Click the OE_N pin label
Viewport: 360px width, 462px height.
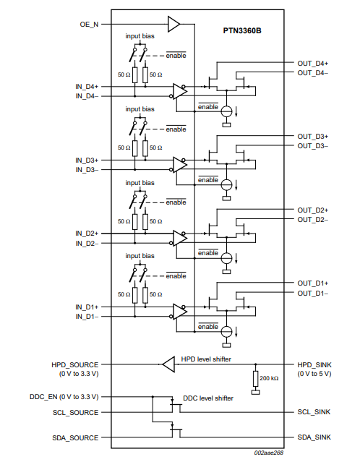point(89,24)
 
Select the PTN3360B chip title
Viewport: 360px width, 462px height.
point(242,30)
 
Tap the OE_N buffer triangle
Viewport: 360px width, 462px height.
point(173,24)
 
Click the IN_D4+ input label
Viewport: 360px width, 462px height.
point(87,87)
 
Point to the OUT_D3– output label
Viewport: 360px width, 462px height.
point(312,146)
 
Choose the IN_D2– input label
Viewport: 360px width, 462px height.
point(87,244)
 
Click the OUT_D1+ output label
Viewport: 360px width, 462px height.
point(312,283)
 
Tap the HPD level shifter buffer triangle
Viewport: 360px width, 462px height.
point(168,364)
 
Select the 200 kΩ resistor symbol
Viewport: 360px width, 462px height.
point(255,379)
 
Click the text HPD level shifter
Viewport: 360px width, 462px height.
point(206,359)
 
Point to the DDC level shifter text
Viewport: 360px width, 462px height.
point(208,398)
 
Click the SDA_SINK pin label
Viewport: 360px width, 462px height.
point(314,437)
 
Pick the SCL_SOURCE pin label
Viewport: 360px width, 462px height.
point(75,413)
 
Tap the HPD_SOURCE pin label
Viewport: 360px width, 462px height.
point(75,365)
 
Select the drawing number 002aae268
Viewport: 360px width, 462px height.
point(269,453)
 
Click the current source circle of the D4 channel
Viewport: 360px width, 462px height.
point(226,111)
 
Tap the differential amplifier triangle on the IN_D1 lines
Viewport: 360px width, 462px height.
point(180,312)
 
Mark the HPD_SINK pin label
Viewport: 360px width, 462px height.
point(314,365)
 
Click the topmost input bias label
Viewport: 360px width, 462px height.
point(140,36)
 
